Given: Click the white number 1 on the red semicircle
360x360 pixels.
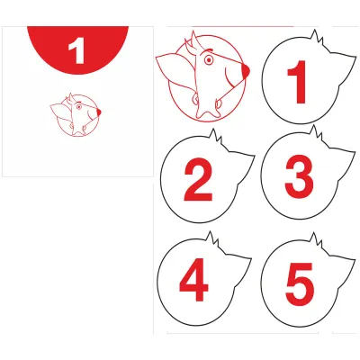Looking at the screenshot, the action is (x=77, y=52).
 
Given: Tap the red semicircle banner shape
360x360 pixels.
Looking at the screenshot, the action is (x=78, y=48).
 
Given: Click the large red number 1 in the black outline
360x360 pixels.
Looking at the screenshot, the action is (x=297, y=82).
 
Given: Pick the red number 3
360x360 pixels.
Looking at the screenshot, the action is (x=299, y=176).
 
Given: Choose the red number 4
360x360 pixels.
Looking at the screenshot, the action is (x=194, y=279).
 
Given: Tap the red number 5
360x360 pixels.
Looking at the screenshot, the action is (x=300, y=283).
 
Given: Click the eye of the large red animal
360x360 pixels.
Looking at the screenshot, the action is (x=209, y=60).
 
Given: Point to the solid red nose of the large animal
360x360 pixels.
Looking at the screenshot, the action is (x=245, y=71).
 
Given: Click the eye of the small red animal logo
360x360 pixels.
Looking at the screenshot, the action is (x=79, y=107).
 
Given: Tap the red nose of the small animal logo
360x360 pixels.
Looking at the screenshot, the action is (x=99, y=112).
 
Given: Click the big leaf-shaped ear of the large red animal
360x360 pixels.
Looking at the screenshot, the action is (x=175, y=70).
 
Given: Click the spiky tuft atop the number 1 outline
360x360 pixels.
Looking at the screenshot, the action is (x=317, y=39).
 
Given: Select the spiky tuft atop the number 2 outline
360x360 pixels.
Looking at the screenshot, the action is (x=216, y=138).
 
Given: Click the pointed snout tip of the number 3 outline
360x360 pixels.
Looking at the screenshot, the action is (x=355, y=151).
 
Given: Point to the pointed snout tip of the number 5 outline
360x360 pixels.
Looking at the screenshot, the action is (x=355, y=258).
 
